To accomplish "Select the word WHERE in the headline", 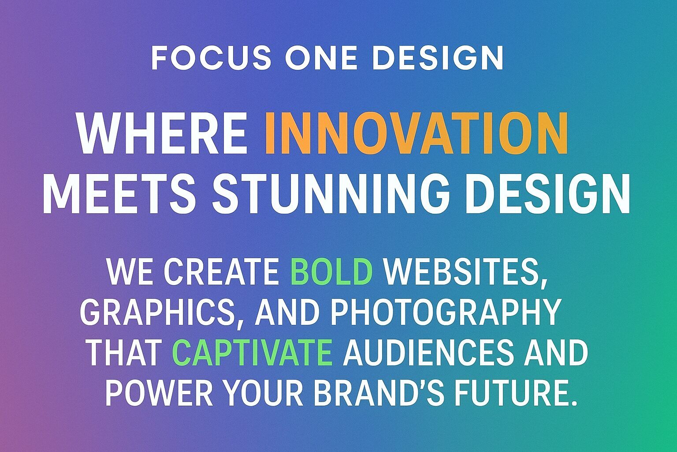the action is pos(162,133).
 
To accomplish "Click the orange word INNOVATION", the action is pos(417,133).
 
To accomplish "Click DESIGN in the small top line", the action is pos(438,58).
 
